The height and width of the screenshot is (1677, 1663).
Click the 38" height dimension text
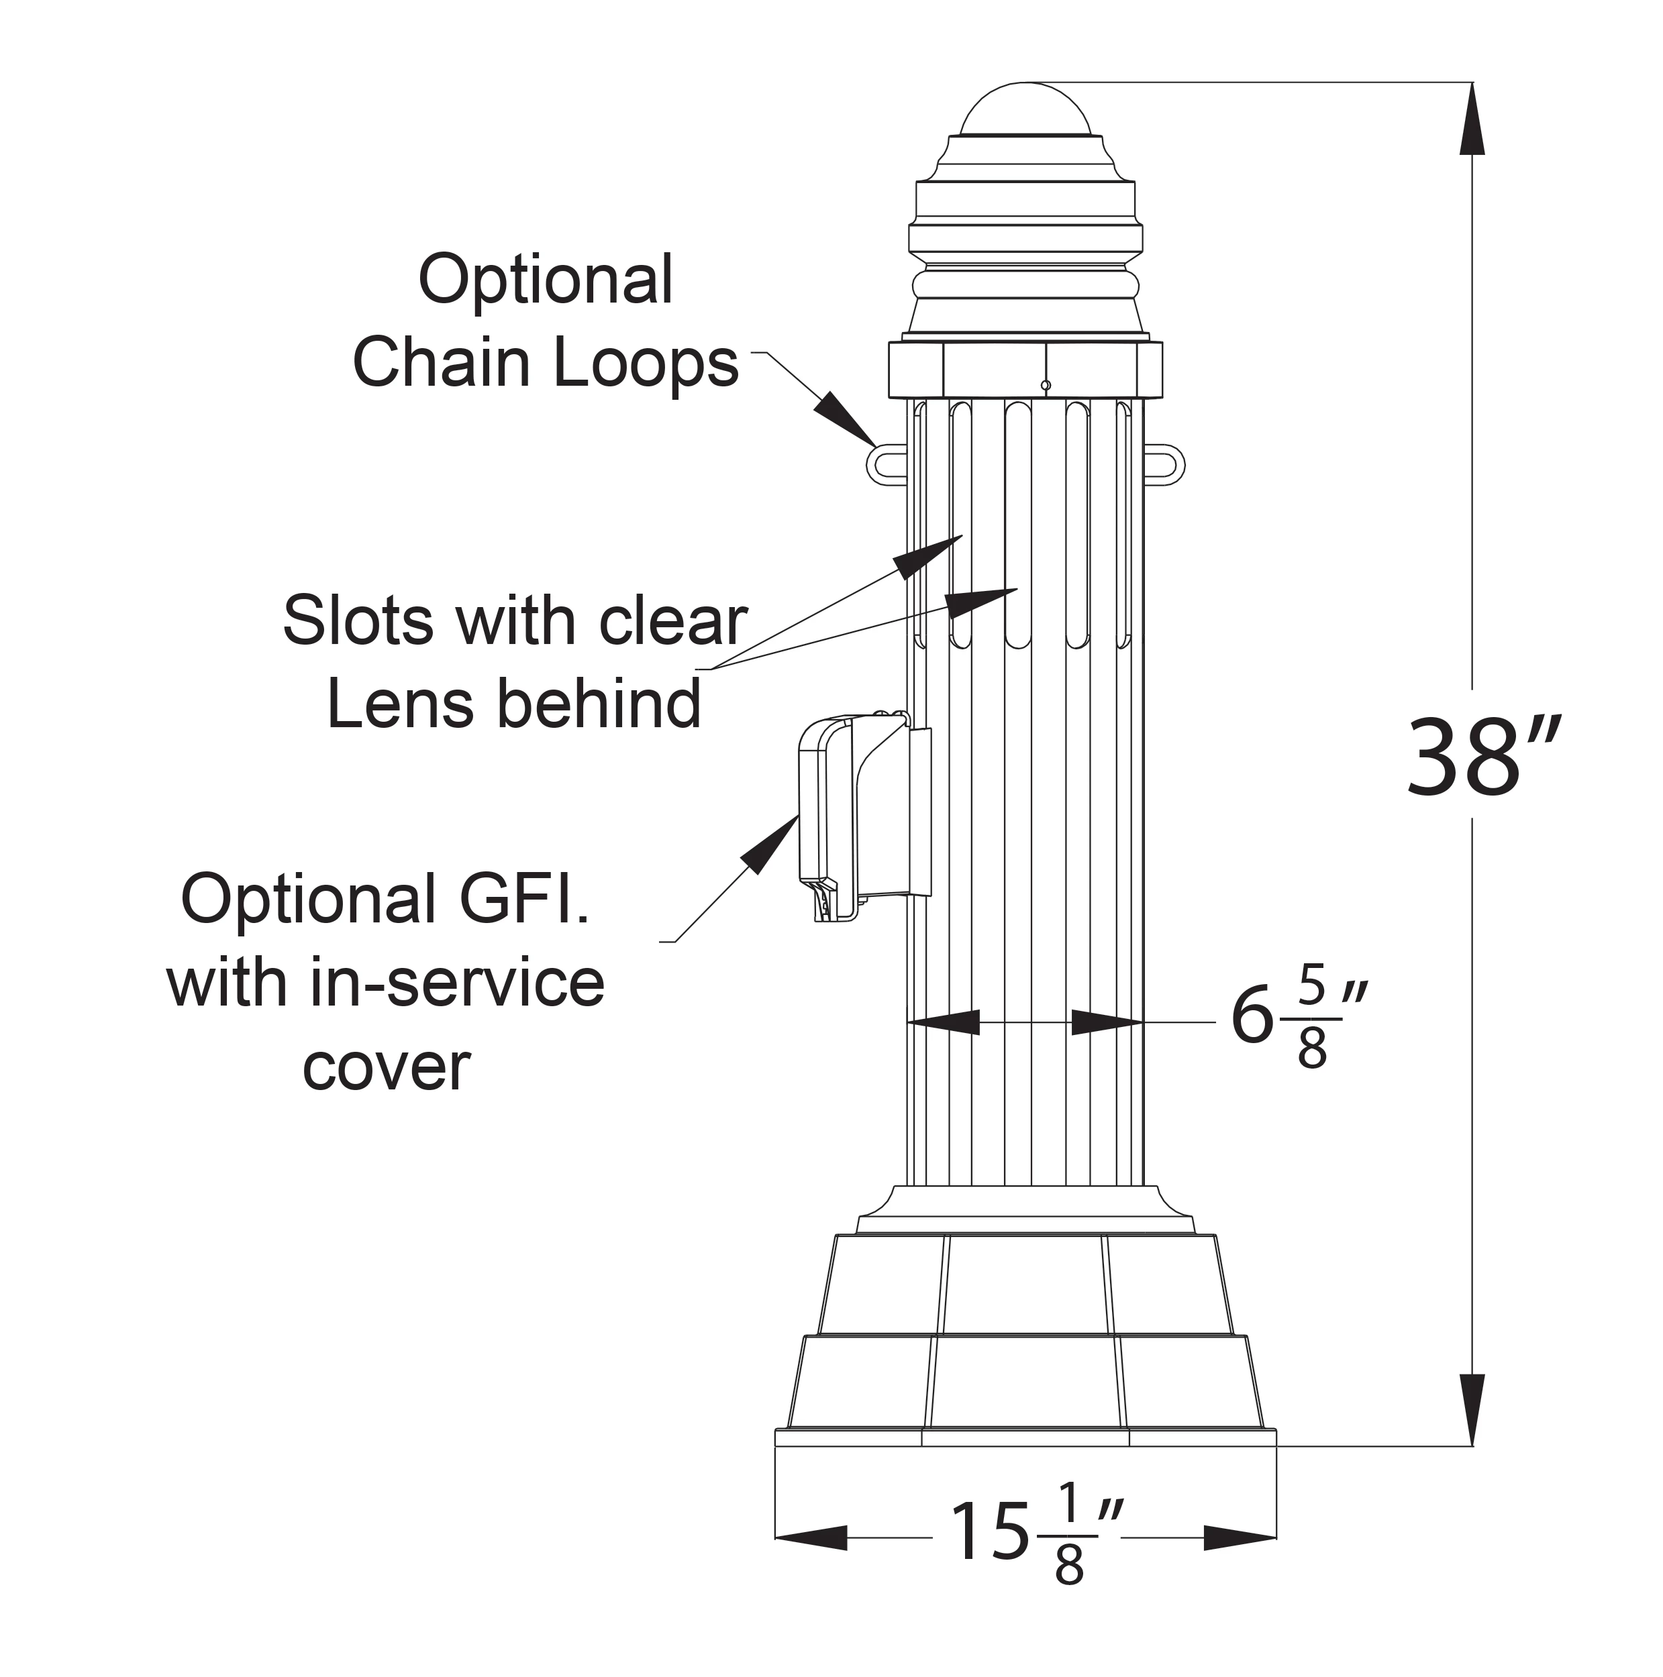click(1482, 757)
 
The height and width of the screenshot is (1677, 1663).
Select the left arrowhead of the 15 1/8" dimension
click(809, 1538)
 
